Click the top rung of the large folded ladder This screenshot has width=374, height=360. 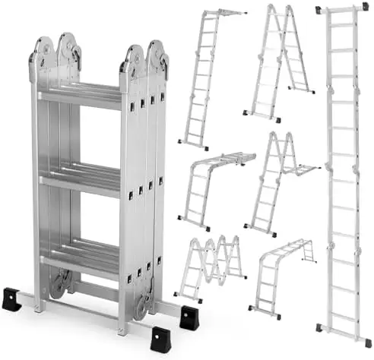coord(80,95)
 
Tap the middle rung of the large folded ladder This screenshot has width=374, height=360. coord(80,181)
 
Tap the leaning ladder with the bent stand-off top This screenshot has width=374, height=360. coord(205,76)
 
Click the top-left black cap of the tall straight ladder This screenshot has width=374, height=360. coord(319,9)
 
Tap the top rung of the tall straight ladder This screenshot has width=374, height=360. coord(344,24)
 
